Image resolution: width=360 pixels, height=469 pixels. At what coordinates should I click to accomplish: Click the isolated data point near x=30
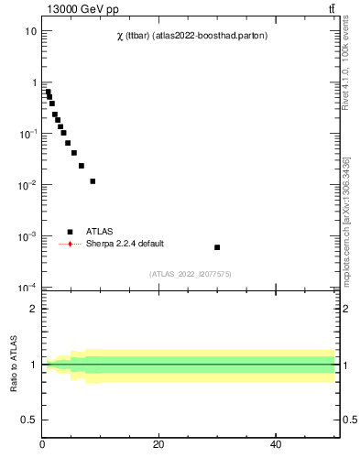point(217,247)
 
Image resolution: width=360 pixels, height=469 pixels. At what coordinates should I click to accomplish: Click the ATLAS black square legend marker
point(70,232)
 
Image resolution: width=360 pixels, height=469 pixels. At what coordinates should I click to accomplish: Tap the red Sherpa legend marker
point(70,244)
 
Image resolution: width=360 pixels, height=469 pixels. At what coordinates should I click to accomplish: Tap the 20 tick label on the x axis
point(159,445)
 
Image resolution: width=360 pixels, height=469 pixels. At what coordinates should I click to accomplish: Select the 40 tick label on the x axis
point(276,445)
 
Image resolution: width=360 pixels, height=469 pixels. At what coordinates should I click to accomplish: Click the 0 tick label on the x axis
point(42,445)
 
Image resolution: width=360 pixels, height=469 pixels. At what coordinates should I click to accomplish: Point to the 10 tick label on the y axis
point(30,31)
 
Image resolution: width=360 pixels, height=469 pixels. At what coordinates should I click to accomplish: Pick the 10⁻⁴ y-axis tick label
point(27,288)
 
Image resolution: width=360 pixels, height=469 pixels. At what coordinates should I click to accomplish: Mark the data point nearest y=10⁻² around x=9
point(93,181)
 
